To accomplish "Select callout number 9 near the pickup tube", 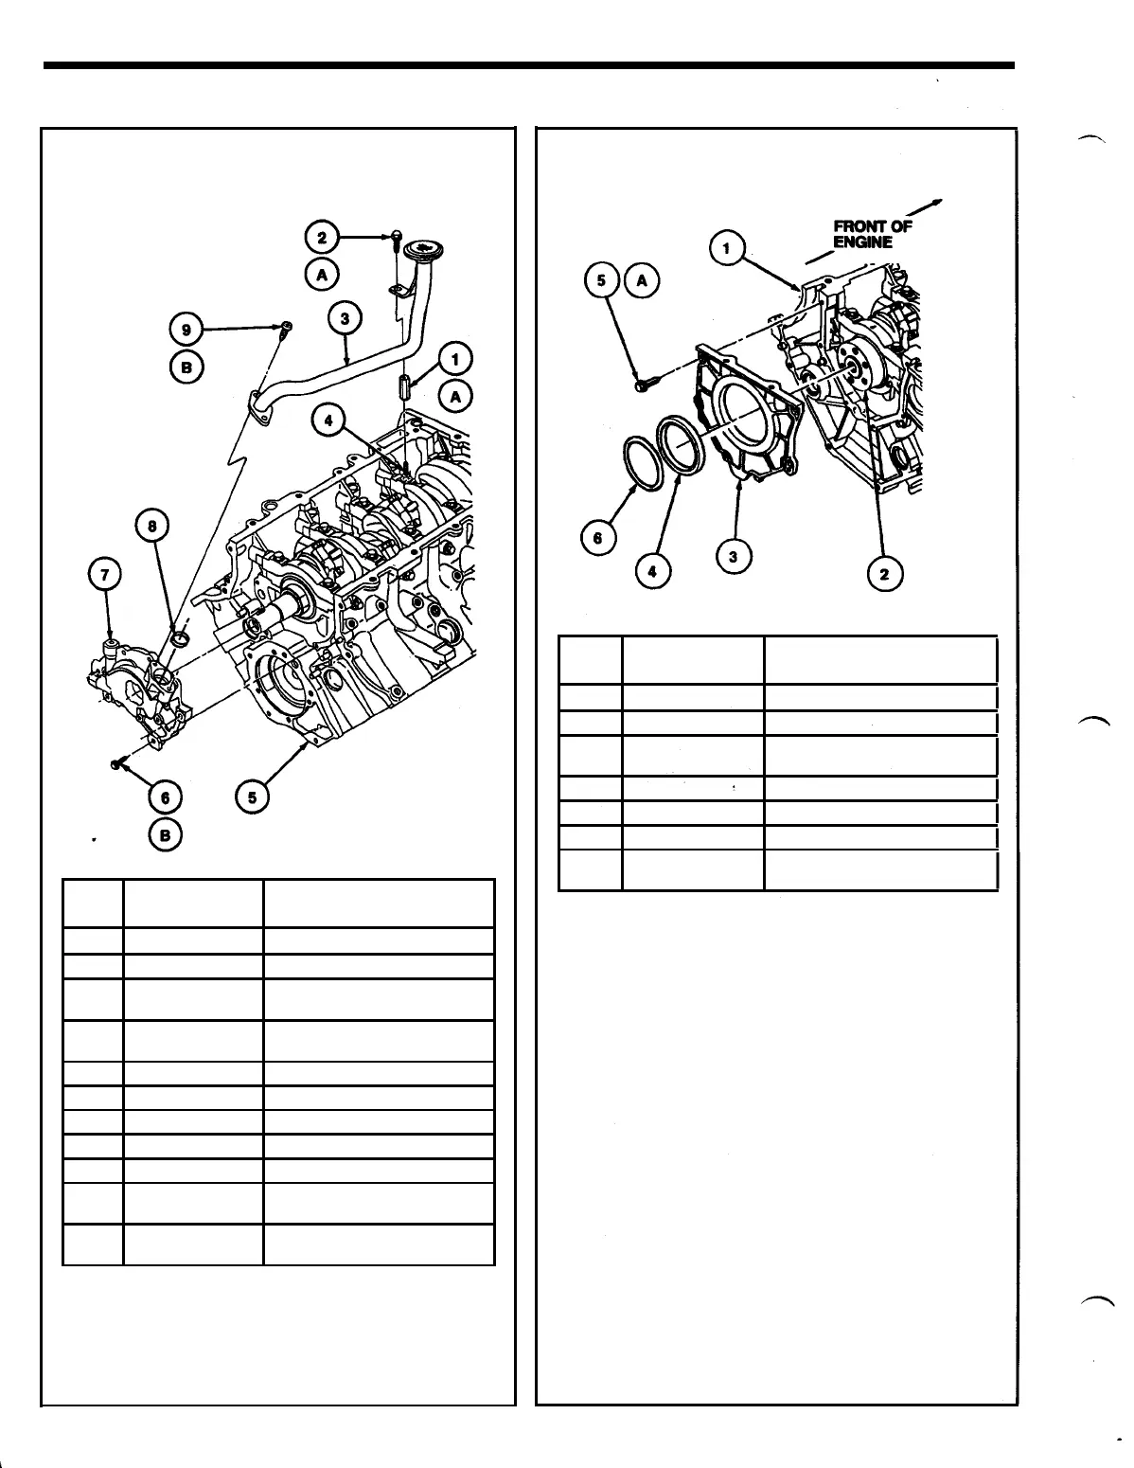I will (x=186, y=330).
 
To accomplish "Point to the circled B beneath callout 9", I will (x=186, y=367).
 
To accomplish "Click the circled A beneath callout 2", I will (x=322, y=275).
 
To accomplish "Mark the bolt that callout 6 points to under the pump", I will (x=117, y=762).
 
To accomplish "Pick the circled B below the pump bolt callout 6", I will (x=166, y=834).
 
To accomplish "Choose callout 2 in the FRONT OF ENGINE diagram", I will (x=886, y=575).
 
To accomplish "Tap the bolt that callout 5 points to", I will (x=645, y=384).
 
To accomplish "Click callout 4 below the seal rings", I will (x=653, y=571).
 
